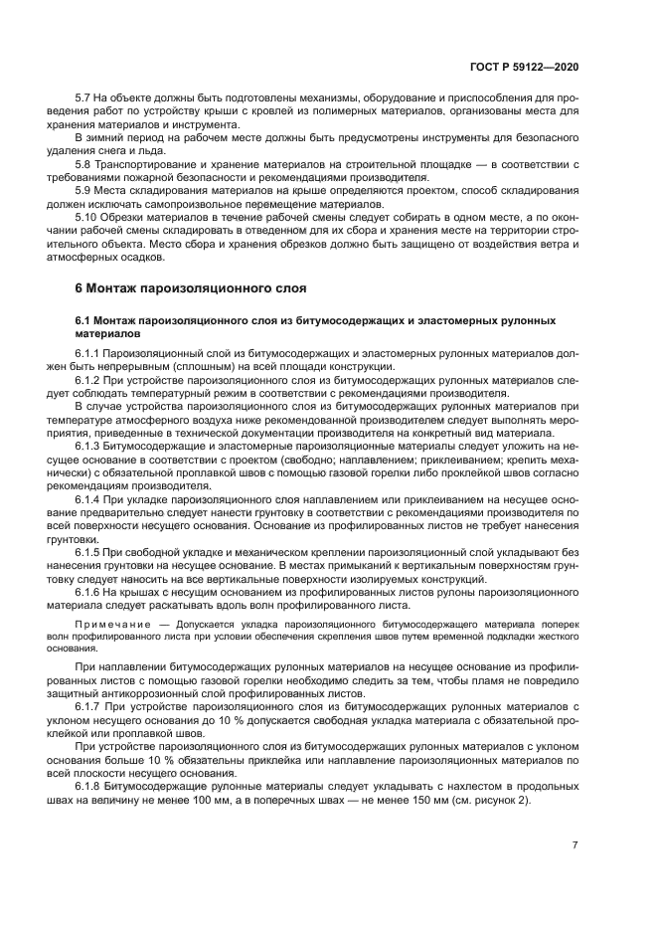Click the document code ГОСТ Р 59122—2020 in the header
(x=525, y=66)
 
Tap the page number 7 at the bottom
(x=575, y=845)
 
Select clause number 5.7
(x=84, y=98)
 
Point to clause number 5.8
(x=84, y=163)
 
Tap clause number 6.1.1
(x=88, y=353)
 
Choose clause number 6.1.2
(x=88, y=379)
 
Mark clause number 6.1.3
(x=88, y=445)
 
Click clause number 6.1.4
(x=88, y=497)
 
